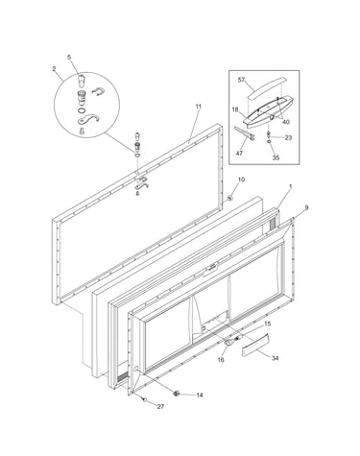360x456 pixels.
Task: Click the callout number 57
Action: pyautogui.click(x=241, y=80)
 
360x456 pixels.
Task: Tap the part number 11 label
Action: pyautogui.click(x=199, y=107)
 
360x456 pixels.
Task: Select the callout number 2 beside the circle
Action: pyautogui.click(x=54, y=68)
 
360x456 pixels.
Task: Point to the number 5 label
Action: pyautogui.click(x=69, y=58)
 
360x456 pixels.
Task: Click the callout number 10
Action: pyautogui.click(x=241, y=180)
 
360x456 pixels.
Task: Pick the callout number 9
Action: pyautogui.click(x=306, y=207)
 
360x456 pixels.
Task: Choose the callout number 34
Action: pyautogui.click(x=275, y=358)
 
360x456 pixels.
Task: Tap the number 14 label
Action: pyautogui.click(x=200, y=396)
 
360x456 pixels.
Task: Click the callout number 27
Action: pyautogui.click(x=160, y=407)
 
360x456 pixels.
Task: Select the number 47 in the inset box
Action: pyautogui.click(x=239, y=153)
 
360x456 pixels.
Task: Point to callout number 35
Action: pyautogui.click(x=276, y=157)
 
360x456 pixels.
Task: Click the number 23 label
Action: pyautogui.click(x=288, y=138)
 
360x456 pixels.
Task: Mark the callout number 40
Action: pyautogui.click(x=286, y=122)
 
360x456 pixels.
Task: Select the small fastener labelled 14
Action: pyautogui.click(x=176, y=394)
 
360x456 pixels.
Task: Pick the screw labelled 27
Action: pyautogui.click(x=144, y=399)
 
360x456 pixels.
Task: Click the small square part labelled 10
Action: pyautogui.click(x=229, y=198)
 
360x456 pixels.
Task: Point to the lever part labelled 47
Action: pyautogui.click(x=244, y=133)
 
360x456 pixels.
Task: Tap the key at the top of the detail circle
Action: pyautogui.click(x=81, y=80)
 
